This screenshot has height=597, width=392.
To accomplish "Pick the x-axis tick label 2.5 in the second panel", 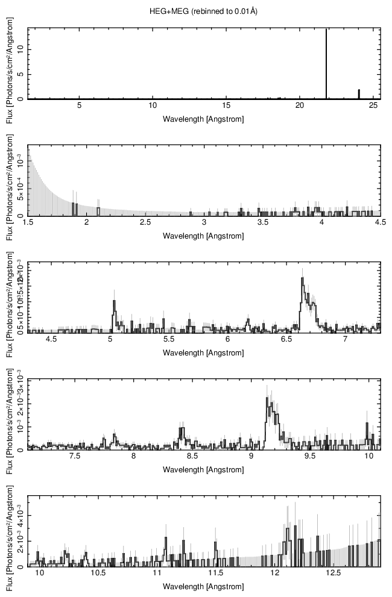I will click(x=145, y=223).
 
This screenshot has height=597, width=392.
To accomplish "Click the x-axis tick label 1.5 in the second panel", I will click(x=28, y=223).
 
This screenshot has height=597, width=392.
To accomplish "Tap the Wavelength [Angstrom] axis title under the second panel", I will click(x=204, y=236).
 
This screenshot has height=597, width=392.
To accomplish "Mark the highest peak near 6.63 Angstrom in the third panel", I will click(x=302, y=279).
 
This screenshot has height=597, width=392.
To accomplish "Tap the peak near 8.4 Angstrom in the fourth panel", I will click(x=182, y=430).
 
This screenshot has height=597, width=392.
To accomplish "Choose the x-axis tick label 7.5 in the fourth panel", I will click(x=75, y=457).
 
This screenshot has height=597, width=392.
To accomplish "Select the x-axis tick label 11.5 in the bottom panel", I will click(x=216, y=573).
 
